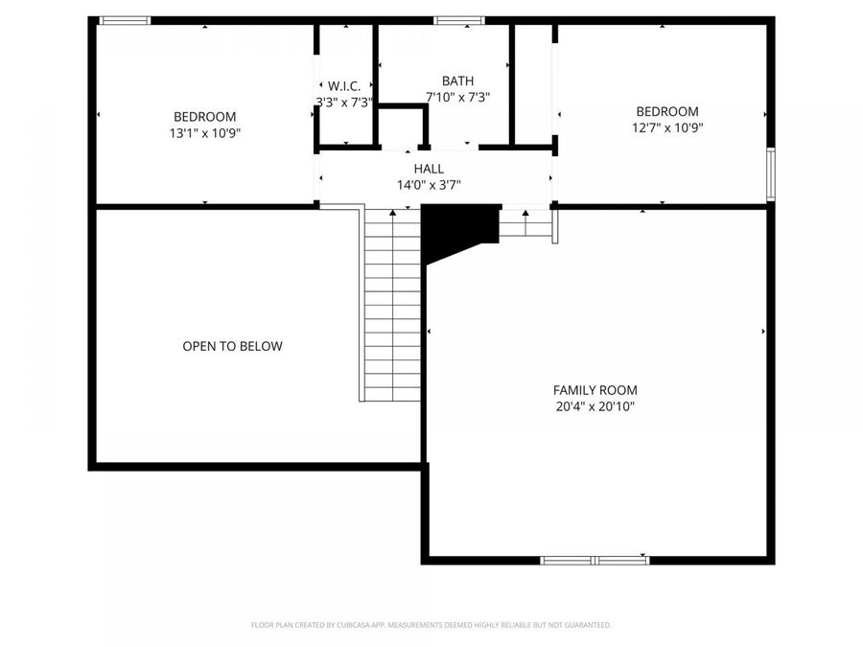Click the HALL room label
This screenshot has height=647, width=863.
429,169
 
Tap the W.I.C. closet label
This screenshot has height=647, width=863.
344,85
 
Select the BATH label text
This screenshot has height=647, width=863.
457,81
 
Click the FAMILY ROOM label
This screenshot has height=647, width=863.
595,390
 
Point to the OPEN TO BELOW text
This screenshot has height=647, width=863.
232,346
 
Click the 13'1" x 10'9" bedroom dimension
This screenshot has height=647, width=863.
204,133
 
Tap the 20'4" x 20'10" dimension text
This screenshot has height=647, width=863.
595,406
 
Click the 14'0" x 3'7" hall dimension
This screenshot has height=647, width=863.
429,185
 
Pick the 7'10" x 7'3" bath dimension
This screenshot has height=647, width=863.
457,97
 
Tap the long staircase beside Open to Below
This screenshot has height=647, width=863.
392,307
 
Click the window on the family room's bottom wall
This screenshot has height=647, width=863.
595,560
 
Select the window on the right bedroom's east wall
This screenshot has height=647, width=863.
769,174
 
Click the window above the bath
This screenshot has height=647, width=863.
458,20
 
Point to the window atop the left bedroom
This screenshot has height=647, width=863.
126,20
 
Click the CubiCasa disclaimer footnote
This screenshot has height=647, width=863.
431,625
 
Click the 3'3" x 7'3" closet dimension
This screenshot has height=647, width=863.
344,101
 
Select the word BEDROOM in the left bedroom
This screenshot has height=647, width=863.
204,117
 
